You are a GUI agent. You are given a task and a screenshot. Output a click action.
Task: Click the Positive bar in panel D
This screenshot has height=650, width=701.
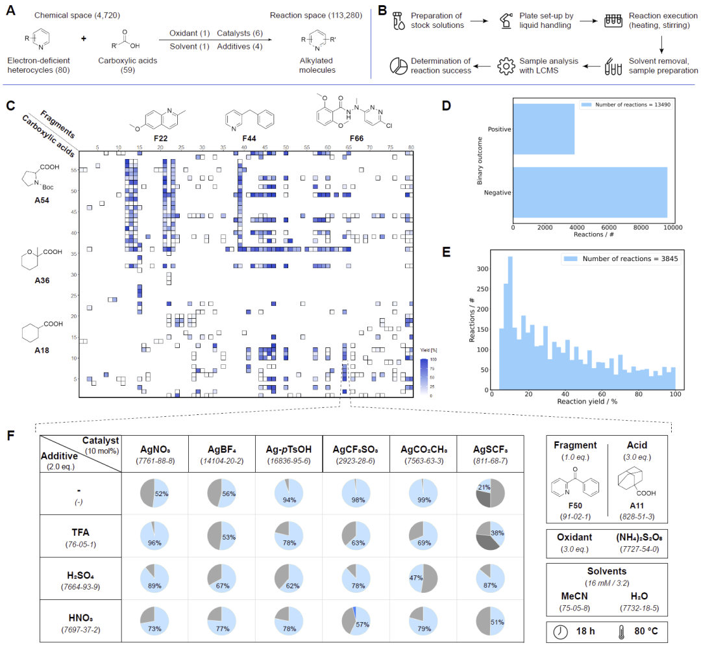(544, 129)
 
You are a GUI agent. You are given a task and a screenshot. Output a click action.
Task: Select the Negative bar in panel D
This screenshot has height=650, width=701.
(590, 192)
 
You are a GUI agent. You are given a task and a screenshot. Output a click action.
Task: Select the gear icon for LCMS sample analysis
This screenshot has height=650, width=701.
(507, 64)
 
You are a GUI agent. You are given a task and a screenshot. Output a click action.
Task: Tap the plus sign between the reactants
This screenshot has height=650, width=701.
(83, 39)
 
